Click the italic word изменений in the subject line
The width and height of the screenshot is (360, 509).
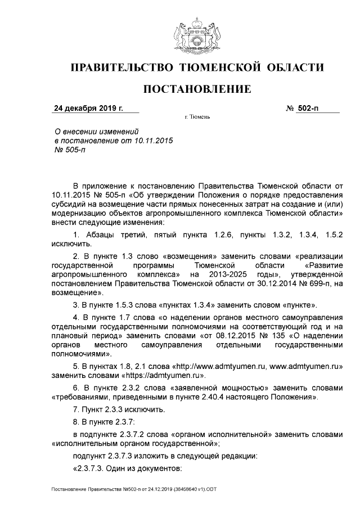(x=116, y=130)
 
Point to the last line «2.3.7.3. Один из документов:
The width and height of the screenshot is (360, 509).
(x=127, y=469)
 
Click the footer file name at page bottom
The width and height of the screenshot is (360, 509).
(x=133, y=489)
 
